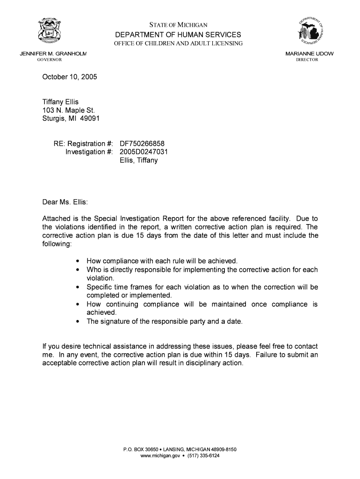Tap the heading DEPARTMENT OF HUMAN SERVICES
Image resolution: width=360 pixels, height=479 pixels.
click(179, 35)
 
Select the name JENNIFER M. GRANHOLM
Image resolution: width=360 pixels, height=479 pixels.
click(53, 54)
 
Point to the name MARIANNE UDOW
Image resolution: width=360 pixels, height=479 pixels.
click(309, 54)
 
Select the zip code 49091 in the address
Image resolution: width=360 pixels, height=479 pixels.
click(90, 118)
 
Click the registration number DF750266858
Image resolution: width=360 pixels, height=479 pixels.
click(142, 144)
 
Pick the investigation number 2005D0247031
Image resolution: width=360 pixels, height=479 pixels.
click(144, 152)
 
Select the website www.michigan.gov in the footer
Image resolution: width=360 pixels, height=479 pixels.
click(160, 456)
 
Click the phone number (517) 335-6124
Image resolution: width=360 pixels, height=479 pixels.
click(203, 456)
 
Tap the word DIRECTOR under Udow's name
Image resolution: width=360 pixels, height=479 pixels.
click(307, 60)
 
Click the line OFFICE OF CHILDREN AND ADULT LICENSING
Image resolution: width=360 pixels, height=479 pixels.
click(179, 44)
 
